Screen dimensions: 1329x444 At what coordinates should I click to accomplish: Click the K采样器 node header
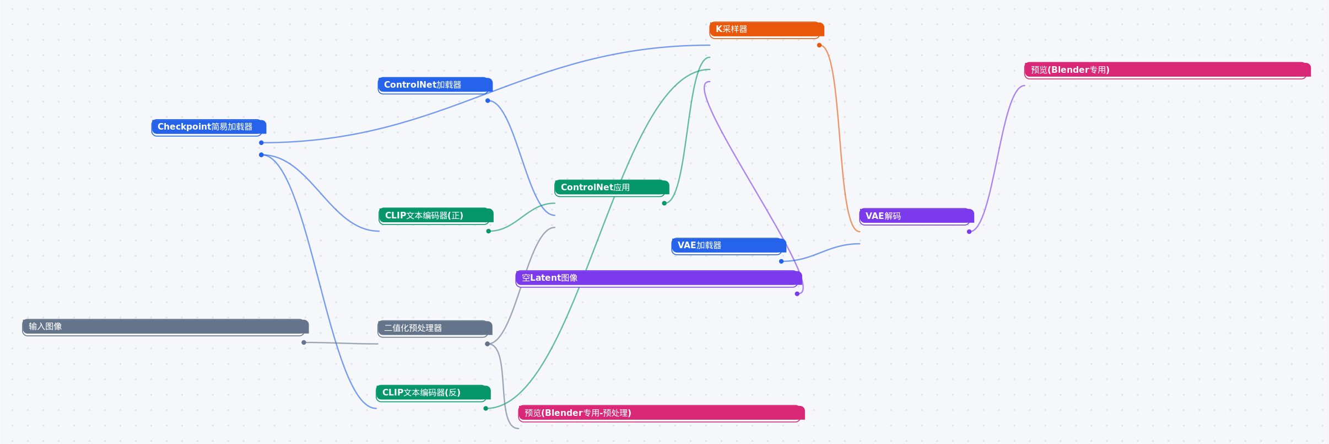[x=766, y=29]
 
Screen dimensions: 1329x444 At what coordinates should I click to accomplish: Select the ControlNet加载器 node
[x=435, y=85]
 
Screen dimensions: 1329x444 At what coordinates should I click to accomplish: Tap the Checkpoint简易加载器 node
[x=209, y=127]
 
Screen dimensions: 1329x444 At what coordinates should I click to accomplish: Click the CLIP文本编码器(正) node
[x=436, y=216]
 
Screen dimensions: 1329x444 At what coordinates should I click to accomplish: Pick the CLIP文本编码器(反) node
[x=433, y=393]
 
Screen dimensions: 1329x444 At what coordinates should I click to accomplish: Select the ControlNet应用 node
[x=612, y=188]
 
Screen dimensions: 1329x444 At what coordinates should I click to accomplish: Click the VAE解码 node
[x=916, y=216]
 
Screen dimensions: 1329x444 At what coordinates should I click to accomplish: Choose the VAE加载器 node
[x=728, y=245]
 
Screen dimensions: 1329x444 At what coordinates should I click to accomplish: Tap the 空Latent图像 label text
[x=549, y=278]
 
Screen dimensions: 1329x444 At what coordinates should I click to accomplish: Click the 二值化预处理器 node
[x=435, y=328]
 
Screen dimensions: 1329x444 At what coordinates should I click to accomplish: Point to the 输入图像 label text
[x=45, y=327]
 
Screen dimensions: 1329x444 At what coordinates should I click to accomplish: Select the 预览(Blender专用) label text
[x=1070, y=70]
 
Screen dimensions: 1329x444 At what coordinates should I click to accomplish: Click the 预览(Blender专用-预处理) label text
[x=578, y=413]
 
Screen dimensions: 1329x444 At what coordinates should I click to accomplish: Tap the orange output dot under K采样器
[x=819, y=45]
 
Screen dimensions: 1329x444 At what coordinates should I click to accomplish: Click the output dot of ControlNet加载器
[x=488, y=100]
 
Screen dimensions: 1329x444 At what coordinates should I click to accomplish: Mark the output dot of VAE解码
[x=969, y=232]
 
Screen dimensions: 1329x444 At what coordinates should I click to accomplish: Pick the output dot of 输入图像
[x=304, y=343]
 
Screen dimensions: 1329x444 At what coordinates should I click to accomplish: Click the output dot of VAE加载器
[x=781, y=261]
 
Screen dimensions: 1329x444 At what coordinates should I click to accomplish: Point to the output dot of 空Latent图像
[x=797, y=294]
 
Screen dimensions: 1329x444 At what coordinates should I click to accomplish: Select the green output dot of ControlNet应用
[x=664, y=204]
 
